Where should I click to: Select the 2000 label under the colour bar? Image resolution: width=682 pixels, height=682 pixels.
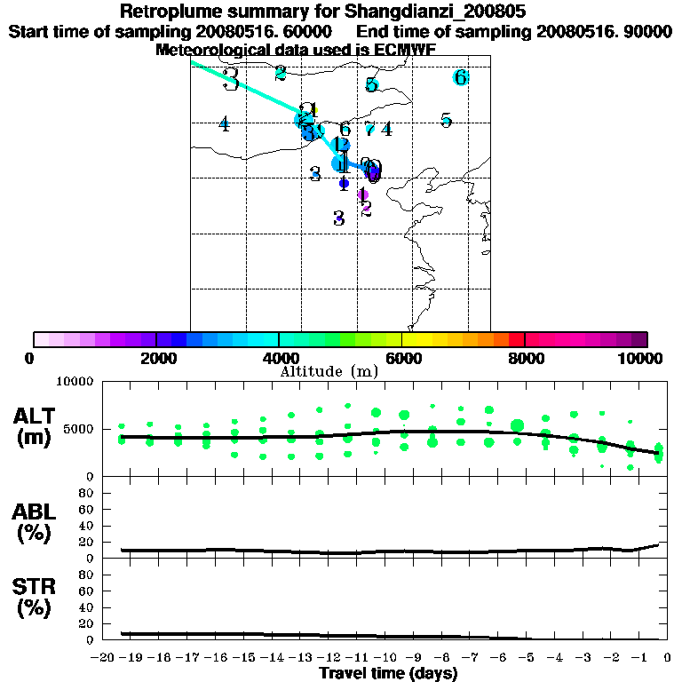click(155, 358)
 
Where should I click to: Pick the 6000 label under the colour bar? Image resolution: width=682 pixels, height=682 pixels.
click(402, 358)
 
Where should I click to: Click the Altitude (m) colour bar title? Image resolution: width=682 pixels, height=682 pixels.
click(329, 371)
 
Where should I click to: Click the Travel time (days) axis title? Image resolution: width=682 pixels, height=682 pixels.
click(388, 674)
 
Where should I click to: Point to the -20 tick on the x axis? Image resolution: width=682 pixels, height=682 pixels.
click(104, 658)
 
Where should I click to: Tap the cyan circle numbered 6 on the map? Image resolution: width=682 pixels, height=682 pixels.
click(460, 77)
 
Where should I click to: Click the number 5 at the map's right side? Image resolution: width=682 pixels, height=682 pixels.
click(447, 120)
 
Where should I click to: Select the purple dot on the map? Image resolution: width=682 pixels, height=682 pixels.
click(362, 194)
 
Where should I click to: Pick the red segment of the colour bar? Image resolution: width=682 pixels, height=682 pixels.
click(516, 339)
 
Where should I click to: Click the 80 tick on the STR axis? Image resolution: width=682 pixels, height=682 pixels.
click(88, 575)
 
